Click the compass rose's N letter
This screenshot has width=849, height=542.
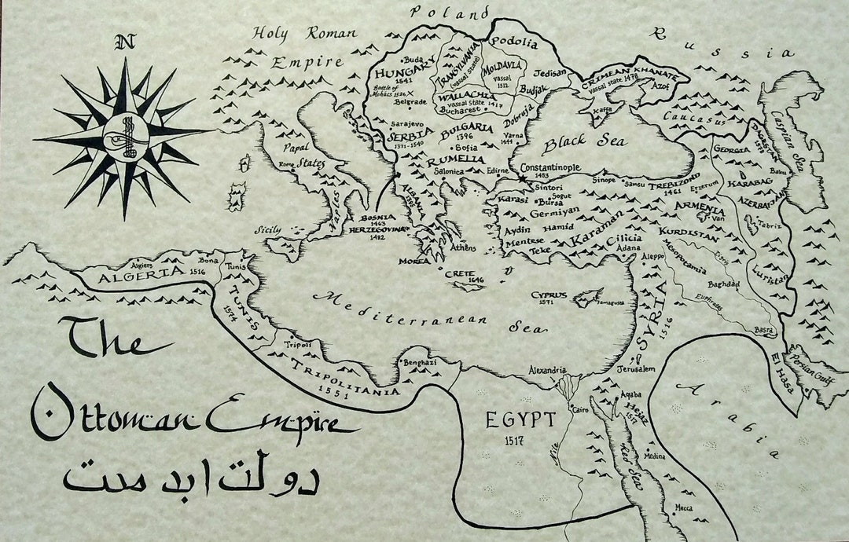123,42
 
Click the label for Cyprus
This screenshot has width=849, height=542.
549,295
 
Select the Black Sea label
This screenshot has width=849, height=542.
586,142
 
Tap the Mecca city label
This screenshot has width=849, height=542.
684,508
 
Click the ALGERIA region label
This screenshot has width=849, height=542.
133,274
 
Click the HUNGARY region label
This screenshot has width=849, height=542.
410,72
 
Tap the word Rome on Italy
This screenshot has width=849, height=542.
285,164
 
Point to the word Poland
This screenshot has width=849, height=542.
450,13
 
